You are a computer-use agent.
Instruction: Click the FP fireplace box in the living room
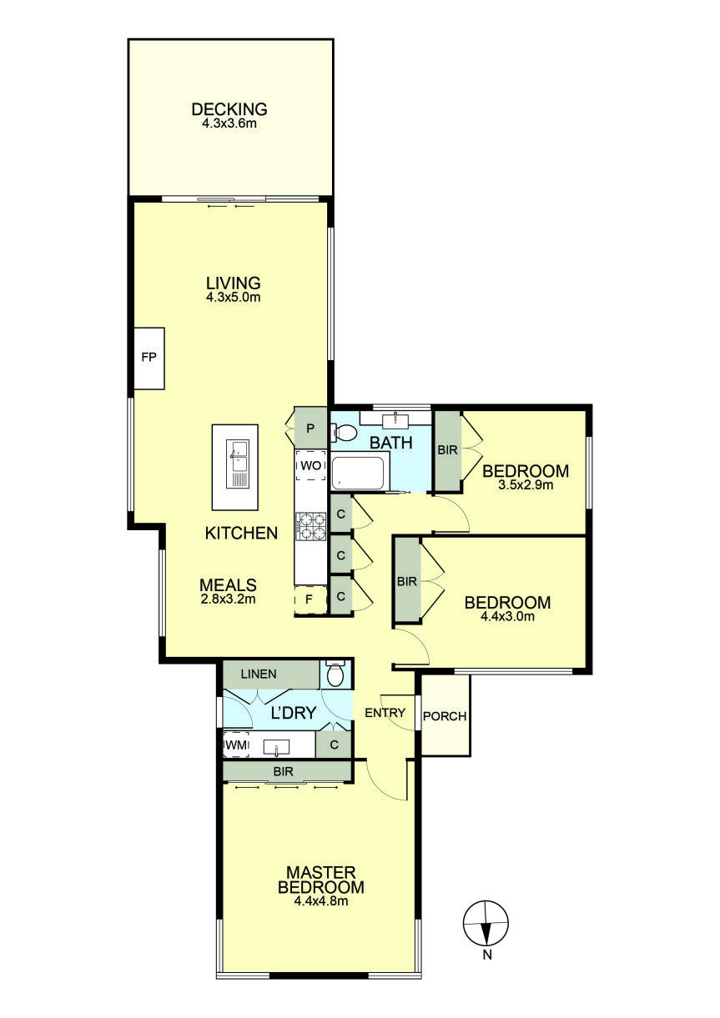point(149,359)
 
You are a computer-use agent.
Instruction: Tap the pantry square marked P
point(310,428)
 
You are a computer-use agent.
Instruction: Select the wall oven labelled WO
point(310,465)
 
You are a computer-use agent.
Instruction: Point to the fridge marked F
point(310,599)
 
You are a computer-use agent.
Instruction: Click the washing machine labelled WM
point(236,744)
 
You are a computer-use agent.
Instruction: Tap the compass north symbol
point(486,924)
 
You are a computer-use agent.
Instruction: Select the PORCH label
point(445,716)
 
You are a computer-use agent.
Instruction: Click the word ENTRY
point(385,713)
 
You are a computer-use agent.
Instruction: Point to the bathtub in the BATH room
point(359,473)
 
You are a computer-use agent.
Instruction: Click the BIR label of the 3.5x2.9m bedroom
point(446,449)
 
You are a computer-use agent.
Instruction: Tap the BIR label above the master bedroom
point(284,772)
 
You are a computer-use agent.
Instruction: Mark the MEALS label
point(228,584)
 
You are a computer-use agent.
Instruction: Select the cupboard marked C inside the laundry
point(334,744)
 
